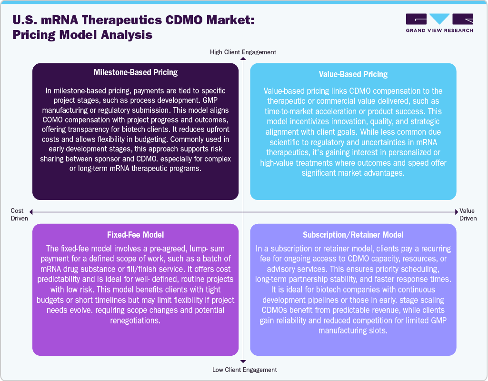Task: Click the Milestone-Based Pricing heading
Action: click(x=136, y=72)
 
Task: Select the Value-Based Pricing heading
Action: click(x=353, y=74)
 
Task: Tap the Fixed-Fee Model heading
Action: click(x=135, y=235)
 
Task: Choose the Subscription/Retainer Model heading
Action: click(x=353, y=235)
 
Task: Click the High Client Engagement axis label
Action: click(x=243, y=52)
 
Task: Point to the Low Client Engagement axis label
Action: click(x=245, y=370)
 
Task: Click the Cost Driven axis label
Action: click(x=20, y=214)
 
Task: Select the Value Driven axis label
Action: click(x=468, y=214)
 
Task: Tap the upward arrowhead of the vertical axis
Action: click(x=243, y=59)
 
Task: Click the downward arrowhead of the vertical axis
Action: click(x=243, y=361)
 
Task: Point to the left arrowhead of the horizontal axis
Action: click(x=31, y=212)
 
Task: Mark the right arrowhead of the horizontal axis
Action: click(x=457, y=212)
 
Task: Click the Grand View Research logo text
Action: click(x=439, y=30)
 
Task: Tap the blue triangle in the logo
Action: click(x=439, y=19)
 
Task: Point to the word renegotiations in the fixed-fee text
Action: click(x=135, y=321)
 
